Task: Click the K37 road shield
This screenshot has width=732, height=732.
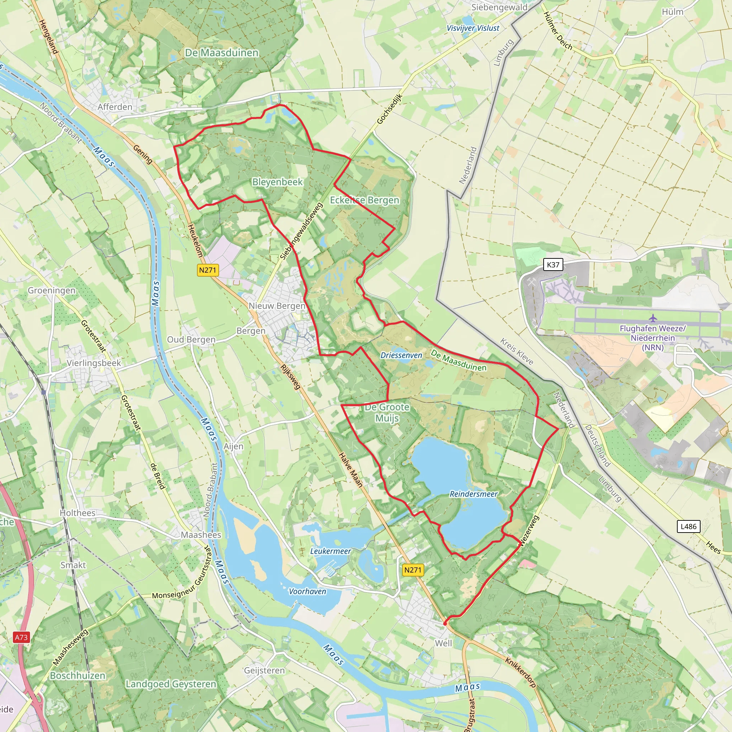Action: point(553,265)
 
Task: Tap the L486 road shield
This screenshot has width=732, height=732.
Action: point(688,526)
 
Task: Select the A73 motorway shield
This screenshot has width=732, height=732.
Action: point(21,637)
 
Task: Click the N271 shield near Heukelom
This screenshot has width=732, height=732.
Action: point(208,270)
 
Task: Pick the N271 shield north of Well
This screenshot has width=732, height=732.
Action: point(412,570)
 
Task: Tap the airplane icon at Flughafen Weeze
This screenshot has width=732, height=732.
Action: point(652,317)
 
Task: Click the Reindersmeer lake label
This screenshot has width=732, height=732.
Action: point(473,494)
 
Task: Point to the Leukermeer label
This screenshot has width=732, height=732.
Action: point(330,551)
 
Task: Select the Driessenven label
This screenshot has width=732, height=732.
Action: point(401,355)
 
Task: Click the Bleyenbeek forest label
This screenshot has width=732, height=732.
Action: point(277,182)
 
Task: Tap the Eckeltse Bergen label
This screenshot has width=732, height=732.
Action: point(365,200)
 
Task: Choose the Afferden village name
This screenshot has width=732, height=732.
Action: point(115,107)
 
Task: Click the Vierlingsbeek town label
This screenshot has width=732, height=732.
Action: point(94,363)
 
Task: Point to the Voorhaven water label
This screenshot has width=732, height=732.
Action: point(307,592)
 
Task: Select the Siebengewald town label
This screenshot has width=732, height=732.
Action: point(499,8)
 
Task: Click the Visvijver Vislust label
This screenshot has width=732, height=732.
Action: point(473,28)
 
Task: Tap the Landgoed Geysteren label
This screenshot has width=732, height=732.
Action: point(171,684)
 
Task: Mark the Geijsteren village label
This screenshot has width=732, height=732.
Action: point(264,671)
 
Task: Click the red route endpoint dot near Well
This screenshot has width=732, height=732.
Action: point(445,623)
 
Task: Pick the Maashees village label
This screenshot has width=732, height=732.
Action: point(201,535)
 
